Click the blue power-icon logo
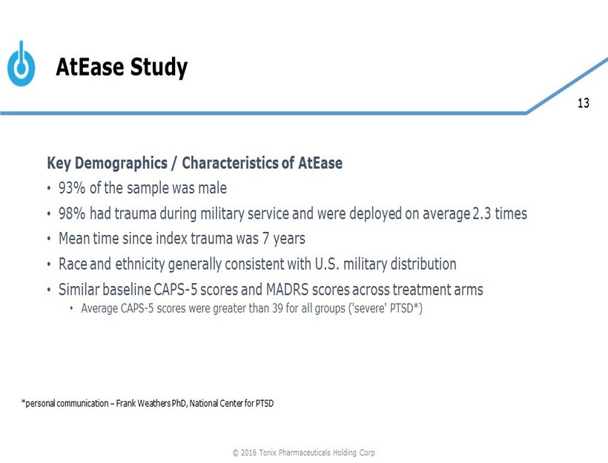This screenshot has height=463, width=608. (21, 65)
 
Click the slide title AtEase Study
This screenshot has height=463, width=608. (122, 68)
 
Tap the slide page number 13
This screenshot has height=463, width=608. (583, 104)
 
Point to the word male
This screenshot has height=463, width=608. (212, 187)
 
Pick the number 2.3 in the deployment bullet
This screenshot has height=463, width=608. (483, 213)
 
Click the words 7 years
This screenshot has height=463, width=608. (285, 239)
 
